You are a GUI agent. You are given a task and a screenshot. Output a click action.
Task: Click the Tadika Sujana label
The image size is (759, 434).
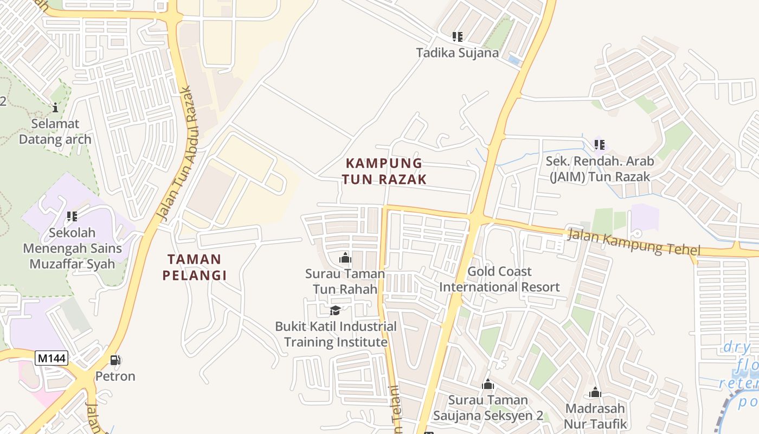[x=457, y=53]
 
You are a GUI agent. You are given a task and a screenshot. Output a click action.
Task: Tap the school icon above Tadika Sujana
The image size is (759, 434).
[x=458, y=37]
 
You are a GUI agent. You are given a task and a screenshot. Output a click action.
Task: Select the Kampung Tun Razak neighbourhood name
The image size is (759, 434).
[x=384, y=171]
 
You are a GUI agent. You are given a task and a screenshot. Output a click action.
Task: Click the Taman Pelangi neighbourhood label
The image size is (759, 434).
[x=195, y=267]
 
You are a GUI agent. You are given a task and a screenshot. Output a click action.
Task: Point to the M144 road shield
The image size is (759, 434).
[x=52, y=358]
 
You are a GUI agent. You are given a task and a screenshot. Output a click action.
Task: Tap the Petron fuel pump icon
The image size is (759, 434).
[x=115, y=360]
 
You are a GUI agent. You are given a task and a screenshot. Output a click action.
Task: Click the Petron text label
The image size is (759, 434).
[x=115, y=376]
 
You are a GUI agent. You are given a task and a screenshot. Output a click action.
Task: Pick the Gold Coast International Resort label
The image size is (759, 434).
[x=499, y=279]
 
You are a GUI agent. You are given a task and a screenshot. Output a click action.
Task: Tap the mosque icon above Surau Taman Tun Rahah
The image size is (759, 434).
[x=345, y=258]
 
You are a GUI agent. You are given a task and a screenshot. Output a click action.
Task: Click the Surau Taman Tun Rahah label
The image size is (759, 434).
[x=345, y=281]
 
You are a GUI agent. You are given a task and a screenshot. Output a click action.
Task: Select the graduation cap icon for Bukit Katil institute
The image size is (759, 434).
[x=336, y=310]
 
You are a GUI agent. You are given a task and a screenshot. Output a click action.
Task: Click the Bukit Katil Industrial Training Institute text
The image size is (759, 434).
[x=336, y=334]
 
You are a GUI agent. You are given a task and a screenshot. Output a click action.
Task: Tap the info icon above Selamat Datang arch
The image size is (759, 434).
[x=55, y=107]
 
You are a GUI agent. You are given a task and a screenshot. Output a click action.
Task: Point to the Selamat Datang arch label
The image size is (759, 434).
[x=55, y=131]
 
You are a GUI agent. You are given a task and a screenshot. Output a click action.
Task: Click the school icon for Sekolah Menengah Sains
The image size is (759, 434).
[x=72, y=216]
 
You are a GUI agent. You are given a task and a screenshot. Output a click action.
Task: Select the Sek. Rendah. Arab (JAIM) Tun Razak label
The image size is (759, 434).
[x=599, y=169]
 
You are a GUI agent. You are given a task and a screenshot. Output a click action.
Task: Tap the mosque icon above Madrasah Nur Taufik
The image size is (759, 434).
[x=595, y=392]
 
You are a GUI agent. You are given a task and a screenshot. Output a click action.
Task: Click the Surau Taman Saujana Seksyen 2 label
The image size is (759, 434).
[x=487, y=407]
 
